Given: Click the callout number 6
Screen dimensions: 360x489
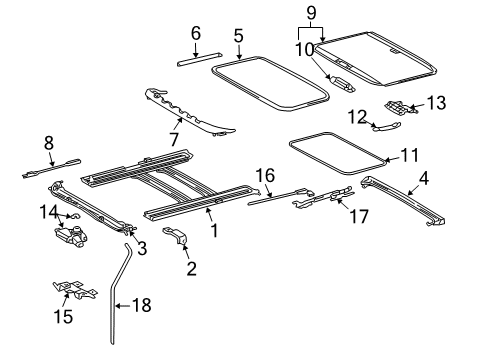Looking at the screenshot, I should [x=195, y=34].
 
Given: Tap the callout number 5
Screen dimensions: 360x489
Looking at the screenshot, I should [x=238, y=36].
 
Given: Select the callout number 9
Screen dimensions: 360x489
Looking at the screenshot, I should [x=311, y=14].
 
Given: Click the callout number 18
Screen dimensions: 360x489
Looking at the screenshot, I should [x=142, y=304].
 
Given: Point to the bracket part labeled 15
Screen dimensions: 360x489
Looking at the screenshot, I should [x=73, y=291].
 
